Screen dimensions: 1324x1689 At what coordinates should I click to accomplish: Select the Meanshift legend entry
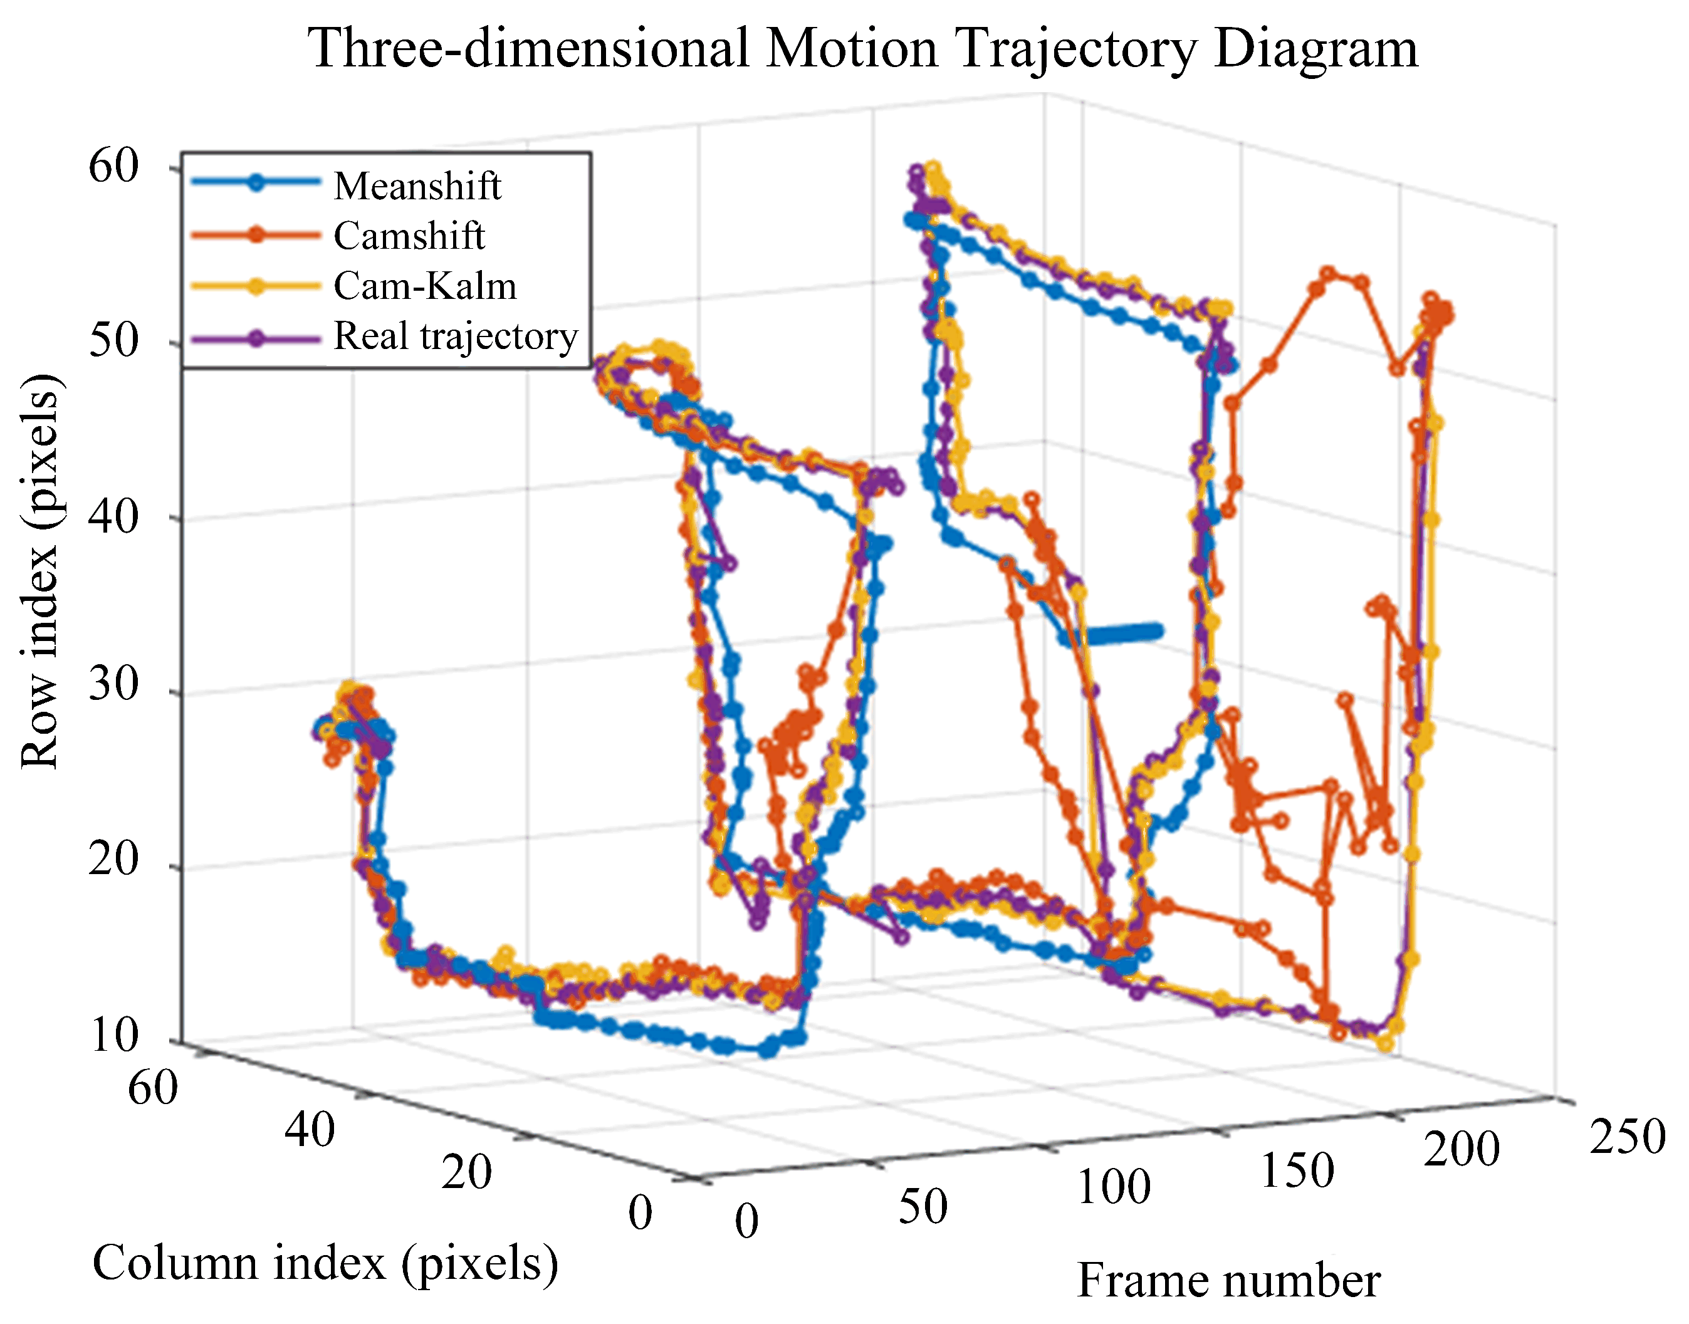417,186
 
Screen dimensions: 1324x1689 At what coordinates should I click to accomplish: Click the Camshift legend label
409,236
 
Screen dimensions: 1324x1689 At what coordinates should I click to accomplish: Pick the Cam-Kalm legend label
425,286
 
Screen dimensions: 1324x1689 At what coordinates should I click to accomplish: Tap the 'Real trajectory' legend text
456,336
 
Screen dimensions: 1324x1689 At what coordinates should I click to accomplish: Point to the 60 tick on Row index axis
113,166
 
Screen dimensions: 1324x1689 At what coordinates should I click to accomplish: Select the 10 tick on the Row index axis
113,1036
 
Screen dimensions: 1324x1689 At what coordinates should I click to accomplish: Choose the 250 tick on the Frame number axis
1627,1137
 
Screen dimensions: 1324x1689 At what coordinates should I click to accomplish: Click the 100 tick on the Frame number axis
1114,1187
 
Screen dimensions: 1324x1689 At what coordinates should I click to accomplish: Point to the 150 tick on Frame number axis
1297,1170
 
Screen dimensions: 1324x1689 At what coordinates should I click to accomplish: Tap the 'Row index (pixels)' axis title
39,572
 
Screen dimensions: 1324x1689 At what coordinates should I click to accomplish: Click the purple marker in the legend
256,338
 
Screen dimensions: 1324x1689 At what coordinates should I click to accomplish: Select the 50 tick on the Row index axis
113,340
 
